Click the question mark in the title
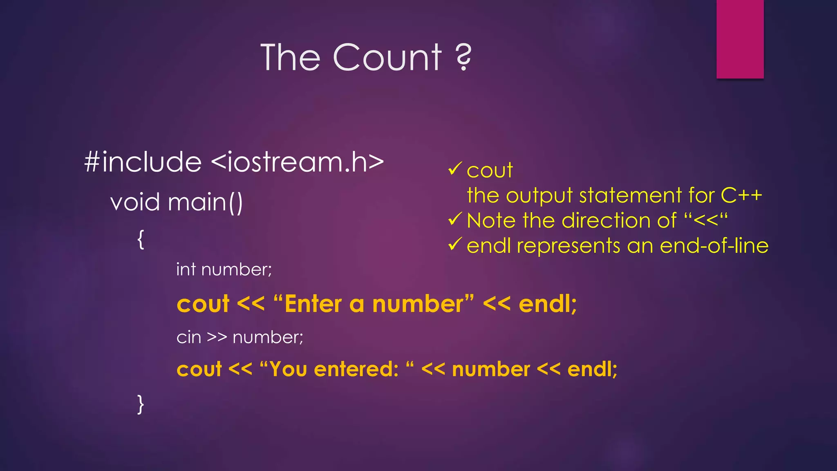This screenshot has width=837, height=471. tap(463, 57)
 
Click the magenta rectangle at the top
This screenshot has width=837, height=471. tap(740, 39)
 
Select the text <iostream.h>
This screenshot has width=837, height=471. tap(298, 162)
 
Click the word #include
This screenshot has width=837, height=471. tap(143, 162)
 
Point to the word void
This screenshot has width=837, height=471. tap(135, 202)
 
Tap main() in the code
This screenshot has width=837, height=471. tap(205, 202)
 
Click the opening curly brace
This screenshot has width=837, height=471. tap(141, 239)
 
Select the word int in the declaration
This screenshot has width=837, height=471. tap(186, 270)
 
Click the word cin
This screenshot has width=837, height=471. tap(189, 338)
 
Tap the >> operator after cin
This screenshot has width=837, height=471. tap(217, 338)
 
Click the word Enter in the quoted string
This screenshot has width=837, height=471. tap(313, 305)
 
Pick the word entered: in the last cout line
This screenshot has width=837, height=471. tap(356, 369)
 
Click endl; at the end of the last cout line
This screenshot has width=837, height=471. tap(592, 369)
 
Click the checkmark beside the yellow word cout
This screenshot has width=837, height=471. tap(455, 168)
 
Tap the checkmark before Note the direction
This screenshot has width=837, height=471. tap(455, 219)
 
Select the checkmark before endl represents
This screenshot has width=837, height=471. tap(455, 244)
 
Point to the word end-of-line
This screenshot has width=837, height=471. tap(714, 246)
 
